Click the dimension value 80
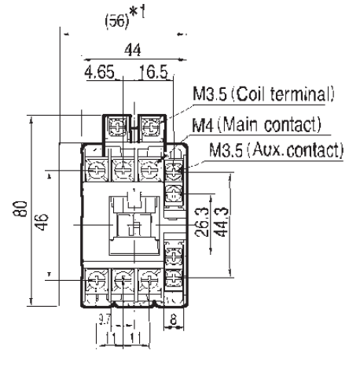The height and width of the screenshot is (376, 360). click(x=26, y=210)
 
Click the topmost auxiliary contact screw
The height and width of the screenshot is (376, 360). click(x=174, y=168)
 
